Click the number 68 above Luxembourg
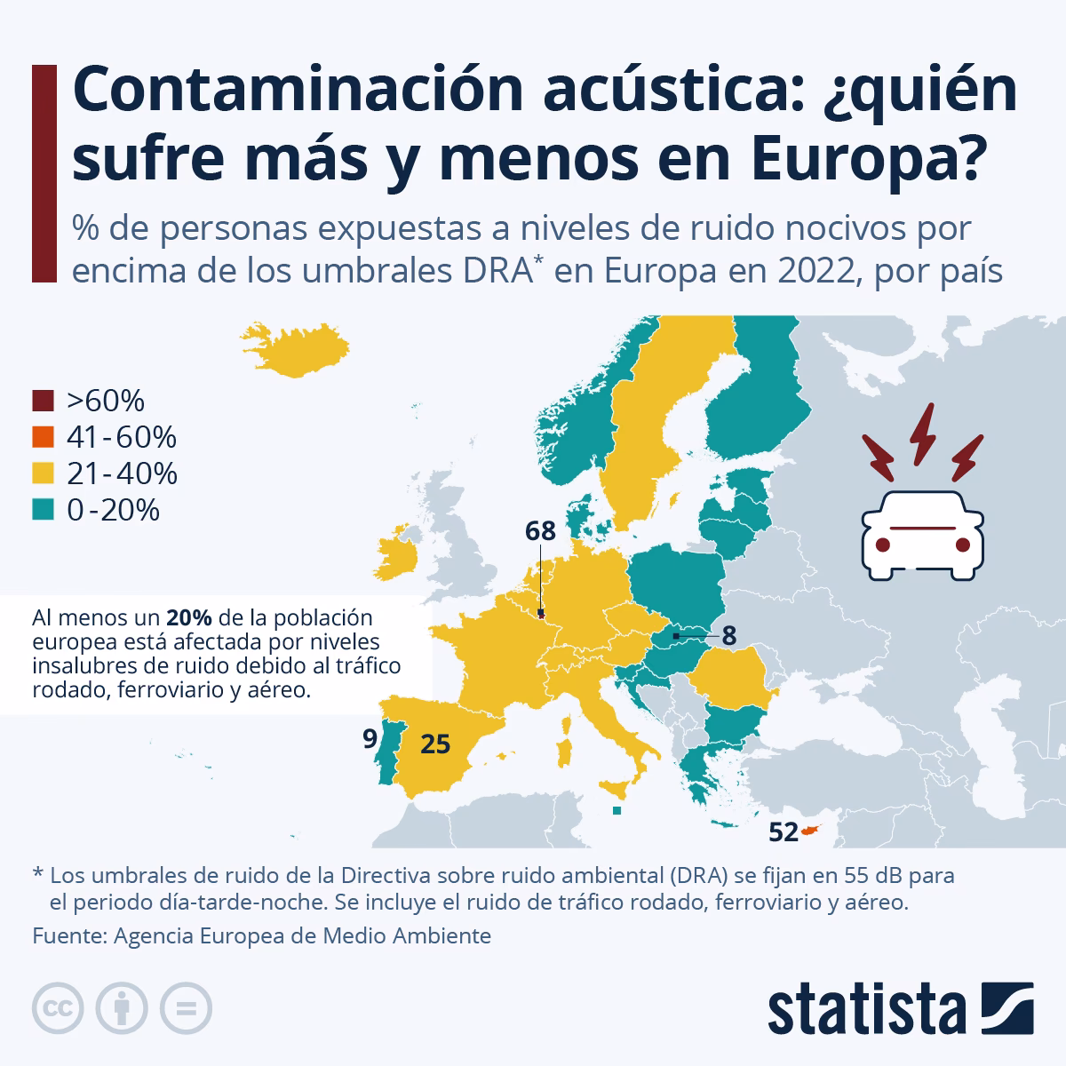[540, 531]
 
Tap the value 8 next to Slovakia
[729, 636]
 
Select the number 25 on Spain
[435, 744]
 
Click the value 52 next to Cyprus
[783, 832]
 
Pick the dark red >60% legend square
[43, 402]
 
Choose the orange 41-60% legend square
[43, 437]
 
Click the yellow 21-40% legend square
[43, 473]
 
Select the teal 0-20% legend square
[43, 510]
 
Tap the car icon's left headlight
[883, 544]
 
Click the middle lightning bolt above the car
[925, 434]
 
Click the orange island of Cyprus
[810, 831]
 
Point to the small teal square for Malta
[617, 810]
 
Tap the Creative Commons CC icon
[59, 1008]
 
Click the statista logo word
[867, 1009]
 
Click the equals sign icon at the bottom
[187, 1008]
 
